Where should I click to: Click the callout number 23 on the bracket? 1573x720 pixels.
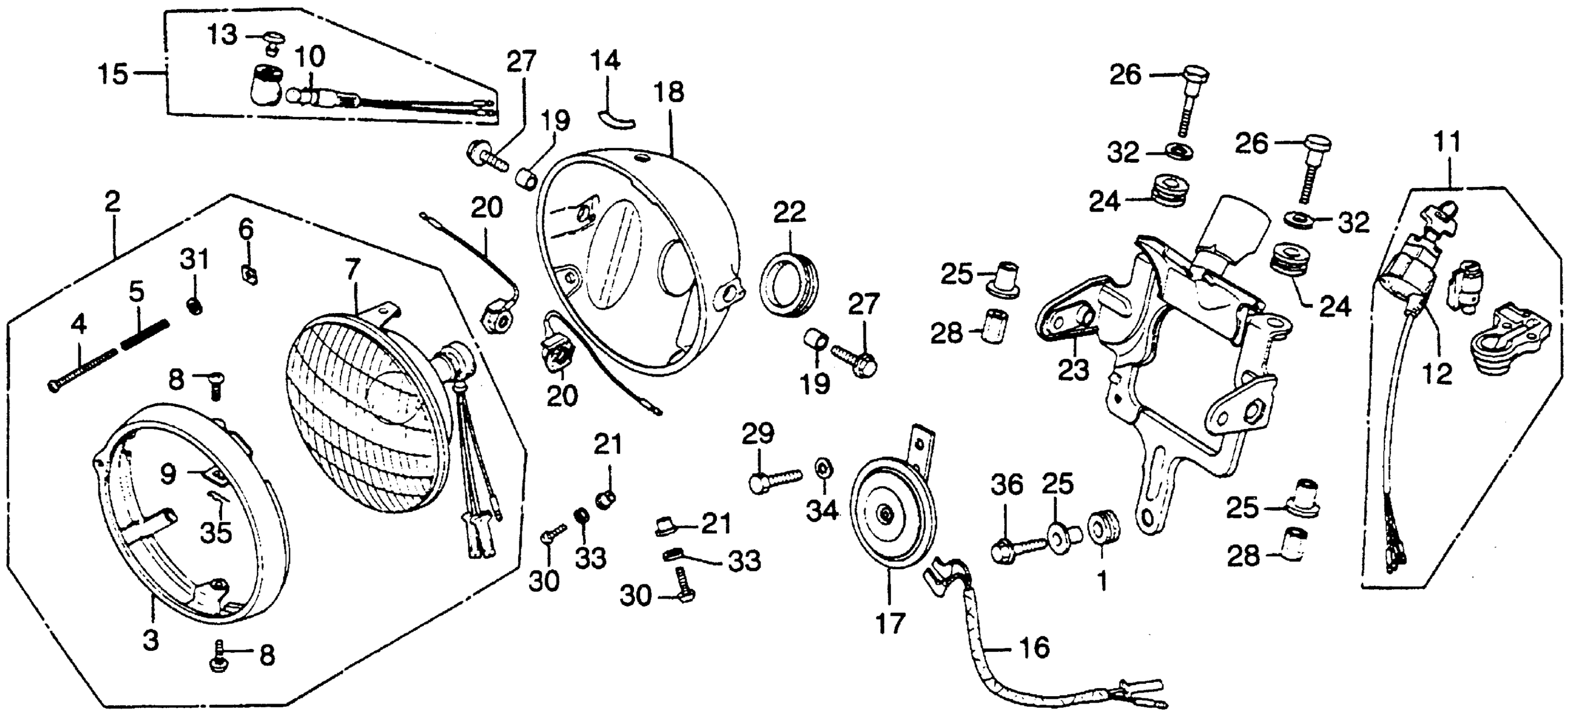[x=1073, y=370]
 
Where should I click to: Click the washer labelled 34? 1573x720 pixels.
[x=822, y=469]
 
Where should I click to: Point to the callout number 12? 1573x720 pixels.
[x=1437, y=374]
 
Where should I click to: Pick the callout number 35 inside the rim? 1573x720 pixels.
[x=216, y=532]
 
